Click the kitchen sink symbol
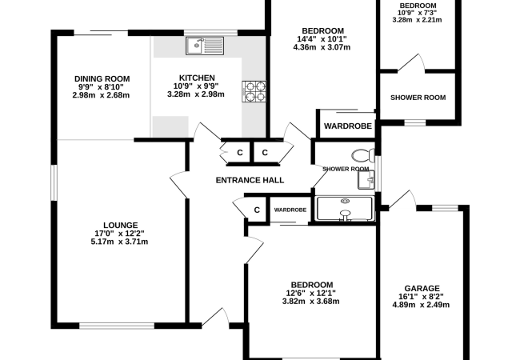(205, 46)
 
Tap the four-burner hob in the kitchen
(254, 91)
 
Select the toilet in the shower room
(363, 155)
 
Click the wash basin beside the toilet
(366, 180)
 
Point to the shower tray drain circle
(345, 201)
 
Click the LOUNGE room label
(120, 226)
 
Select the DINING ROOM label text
(102, 79)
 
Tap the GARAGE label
(422, 288)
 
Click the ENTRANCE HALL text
(250, 180)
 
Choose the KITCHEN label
(197, 78)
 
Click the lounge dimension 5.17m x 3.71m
(119, 242)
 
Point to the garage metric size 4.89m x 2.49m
(421, 305)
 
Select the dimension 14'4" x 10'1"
(322, 39)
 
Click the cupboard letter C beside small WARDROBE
(257, 210)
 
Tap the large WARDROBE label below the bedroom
(347, 126)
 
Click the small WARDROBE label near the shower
(290, 210)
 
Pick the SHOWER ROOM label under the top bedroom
(418, 98)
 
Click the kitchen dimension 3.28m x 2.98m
(196, 94)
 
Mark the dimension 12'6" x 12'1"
(310, 294)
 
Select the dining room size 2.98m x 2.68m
(101, 95)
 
